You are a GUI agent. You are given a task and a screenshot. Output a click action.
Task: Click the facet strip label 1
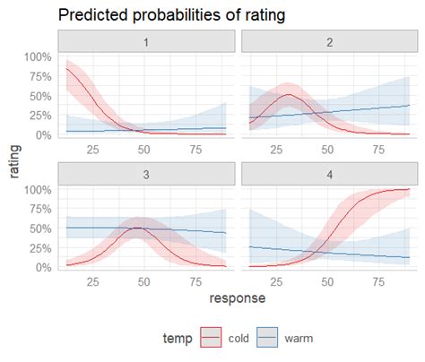point(146,41)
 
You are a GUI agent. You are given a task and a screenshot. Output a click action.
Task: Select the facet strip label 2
point(330,41)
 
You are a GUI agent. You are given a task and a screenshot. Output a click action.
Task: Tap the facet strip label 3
point(146,175)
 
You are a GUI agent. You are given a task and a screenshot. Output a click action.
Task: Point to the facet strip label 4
point(330,175)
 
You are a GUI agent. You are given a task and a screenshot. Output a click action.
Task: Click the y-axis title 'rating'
point(15,161)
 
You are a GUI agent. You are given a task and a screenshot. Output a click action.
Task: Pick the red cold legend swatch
point(209,337)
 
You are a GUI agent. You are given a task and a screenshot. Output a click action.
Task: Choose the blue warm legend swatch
point(266,337)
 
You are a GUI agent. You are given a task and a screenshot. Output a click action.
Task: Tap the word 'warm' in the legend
point(300,338)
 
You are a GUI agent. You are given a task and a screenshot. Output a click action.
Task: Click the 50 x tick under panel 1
point(145,149)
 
